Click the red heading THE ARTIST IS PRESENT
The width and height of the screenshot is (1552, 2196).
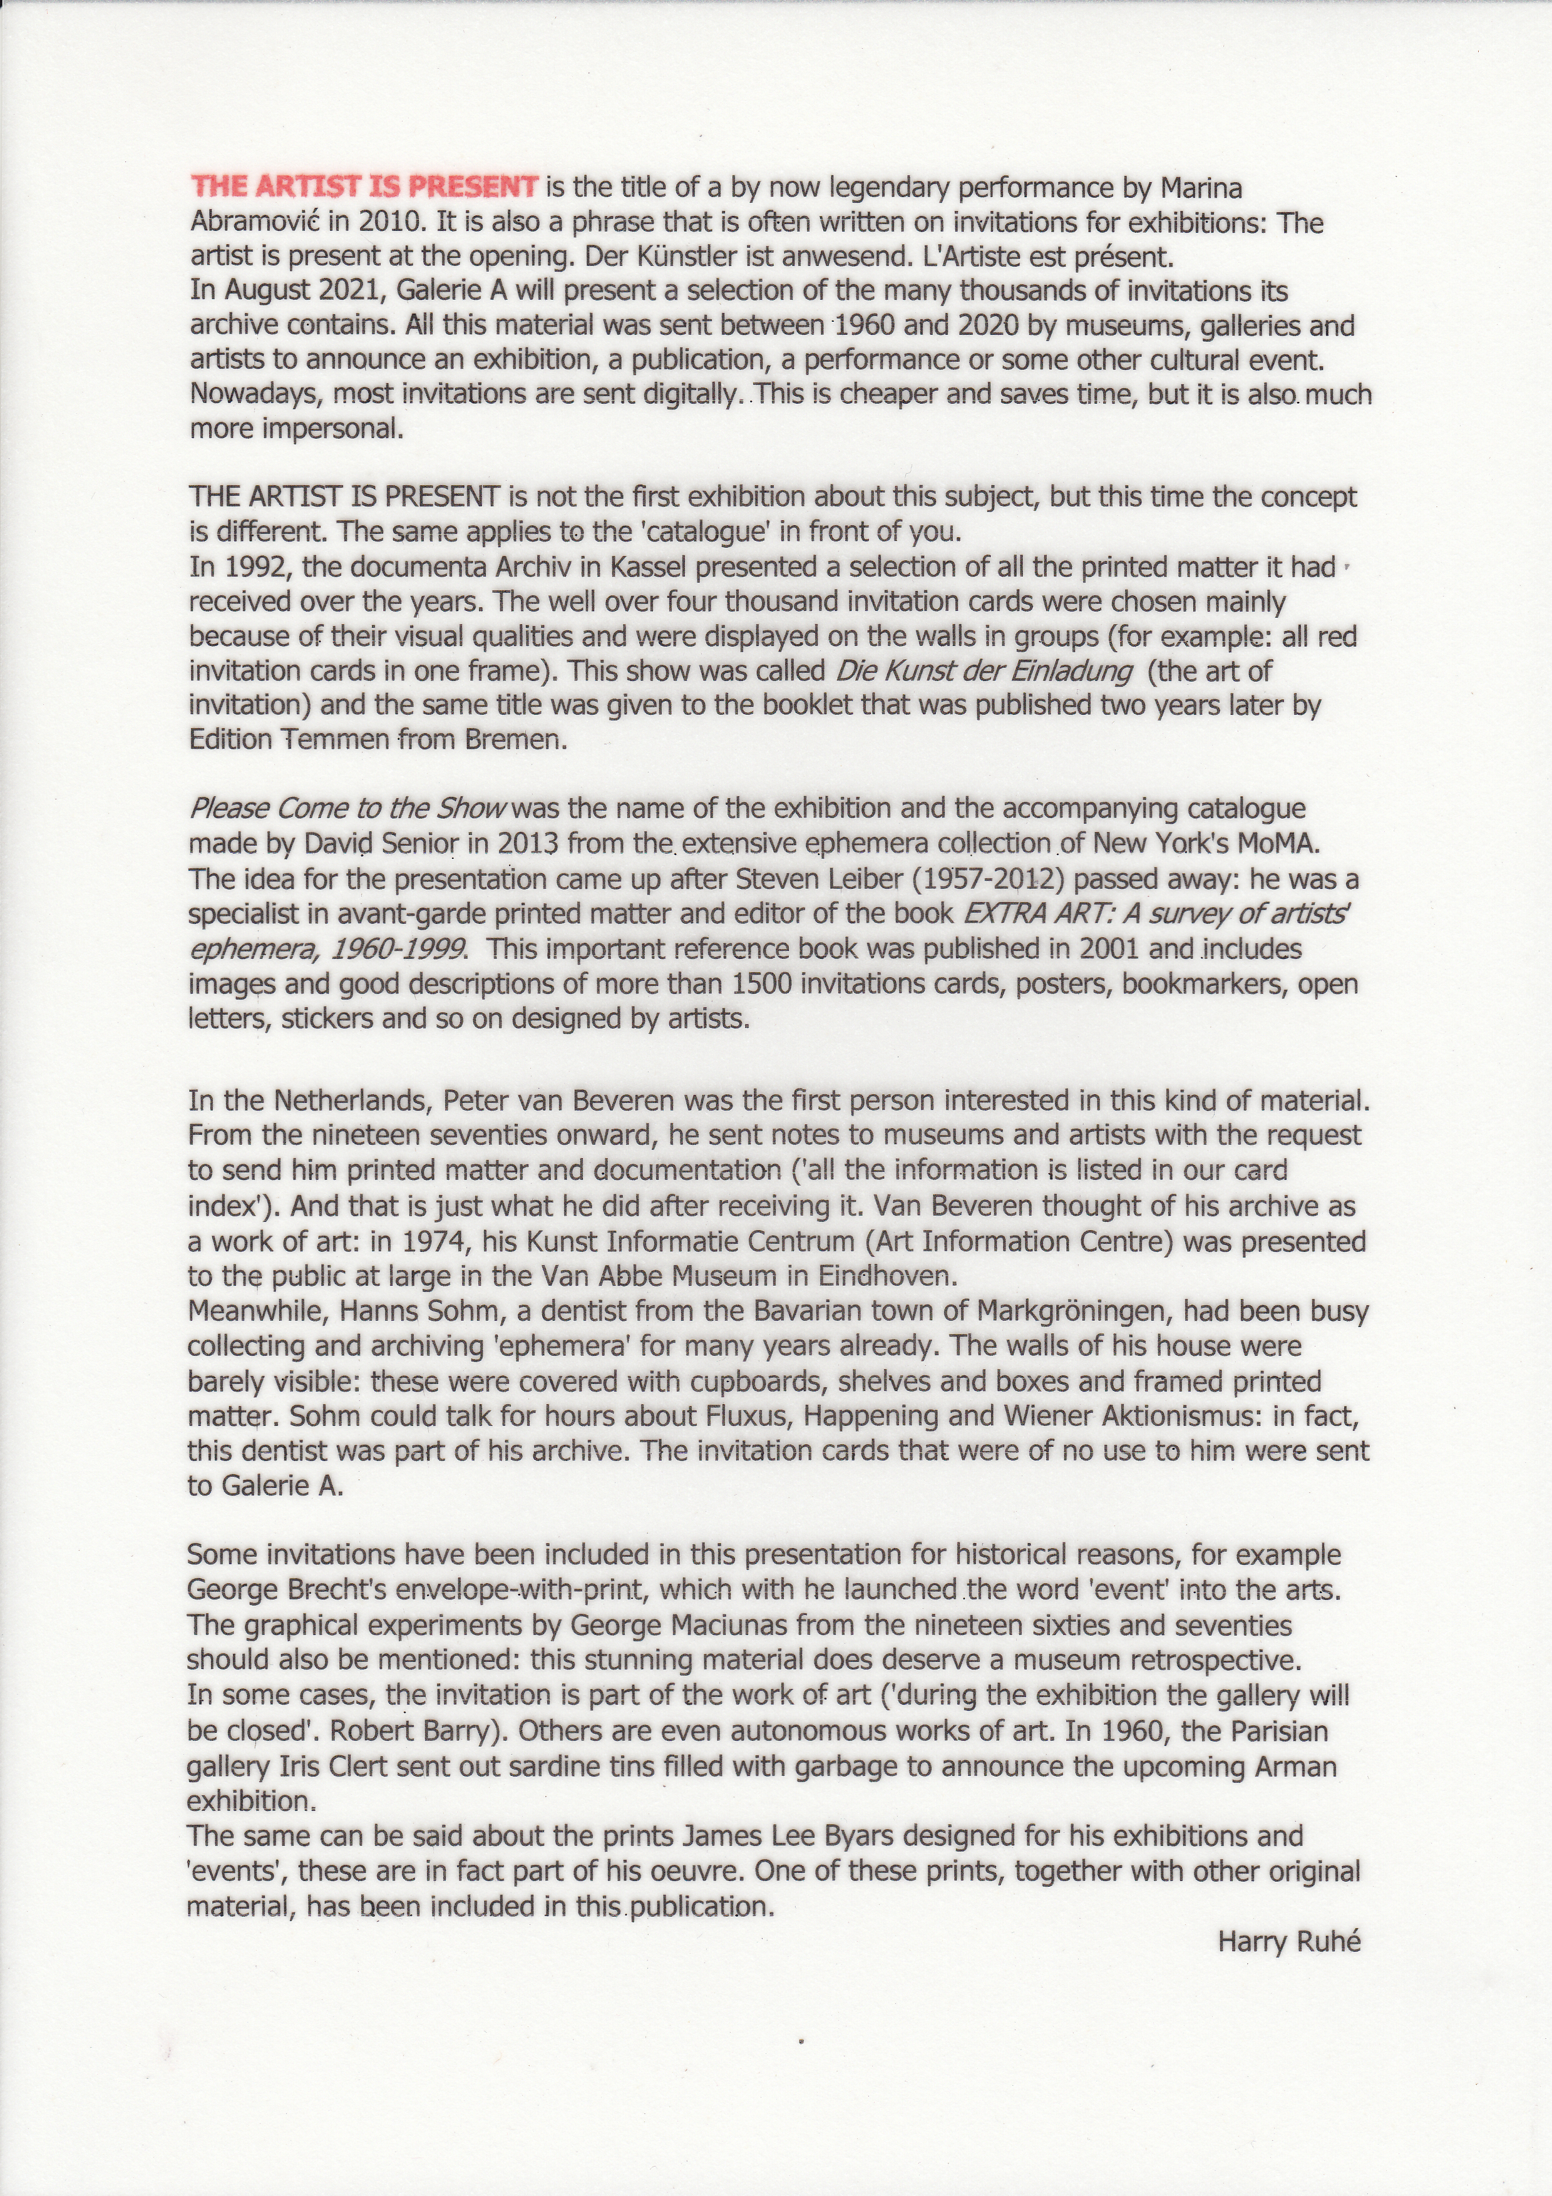(365, 187)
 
